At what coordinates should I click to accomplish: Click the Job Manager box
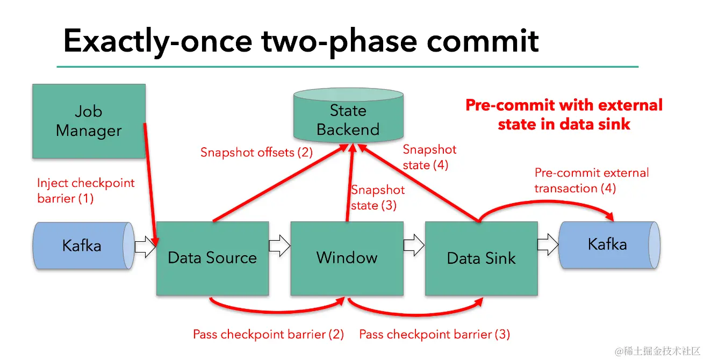[89, 121]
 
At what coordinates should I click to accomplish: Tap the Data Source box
[212, 258]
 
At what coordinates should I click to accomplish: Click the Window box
[347, 258]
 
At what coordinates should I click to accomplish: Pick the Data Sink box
[481, 258]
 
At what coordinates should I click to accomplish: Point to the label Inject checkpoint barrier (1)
[85, 191]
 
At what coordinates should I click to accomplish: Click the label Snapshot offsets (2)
[256, 152]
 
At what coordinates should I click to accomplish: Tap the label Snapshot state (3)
[378, 197]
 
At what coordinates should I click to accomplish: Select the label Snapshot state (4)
[429, 157]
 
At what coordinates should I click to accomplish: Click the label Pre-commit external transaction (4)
[591, 181]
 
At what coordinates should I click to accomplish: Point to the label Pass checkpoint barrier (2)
[268, 335]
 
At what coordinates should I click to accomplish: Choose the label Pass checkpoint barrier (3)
[434, 335]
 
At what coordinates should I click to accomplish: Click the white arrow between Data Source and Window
[279, 246]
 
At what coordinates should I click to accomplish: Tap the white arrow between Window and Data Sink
[414, 246]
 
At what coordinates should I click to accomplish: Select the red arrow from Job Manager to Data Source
[151, 183]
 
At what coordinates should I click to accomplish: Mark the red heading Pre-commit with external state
[564, 114]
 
